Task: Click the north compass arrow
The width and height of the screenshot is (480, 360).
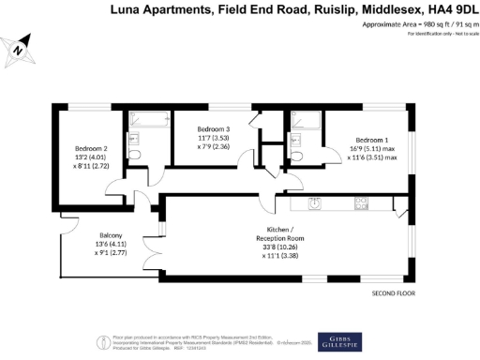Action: point(20,48)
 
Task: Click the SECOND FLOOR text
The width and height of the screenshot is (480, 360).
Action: point(393,293)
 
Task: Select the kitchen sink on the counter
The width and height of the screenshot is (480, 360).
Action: point(316,202)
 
